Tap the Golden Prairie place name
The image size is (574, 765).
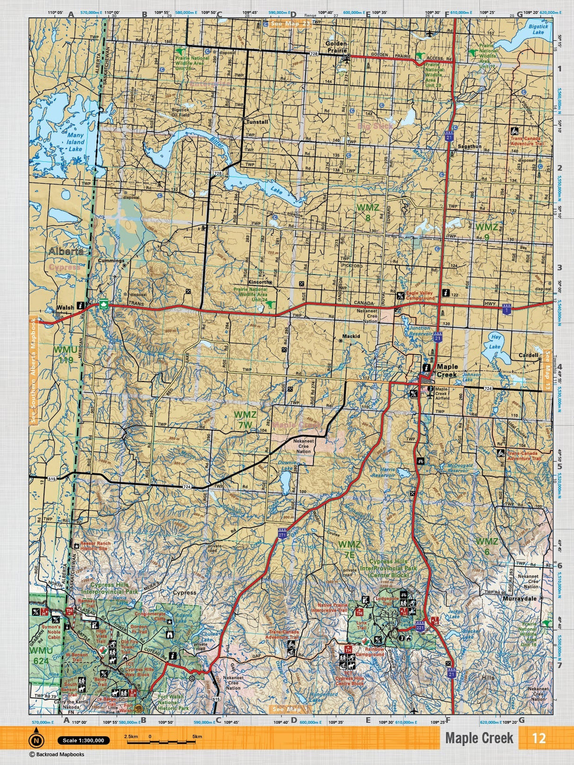pos(336,46)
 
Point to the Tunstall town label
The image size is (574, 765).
pos(257,122)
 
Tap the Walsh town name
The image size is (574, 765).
pos(65,307)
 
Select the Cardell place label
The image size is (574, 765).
pos(528,355)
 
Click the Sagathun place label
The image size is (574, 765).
pos(469,147)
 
